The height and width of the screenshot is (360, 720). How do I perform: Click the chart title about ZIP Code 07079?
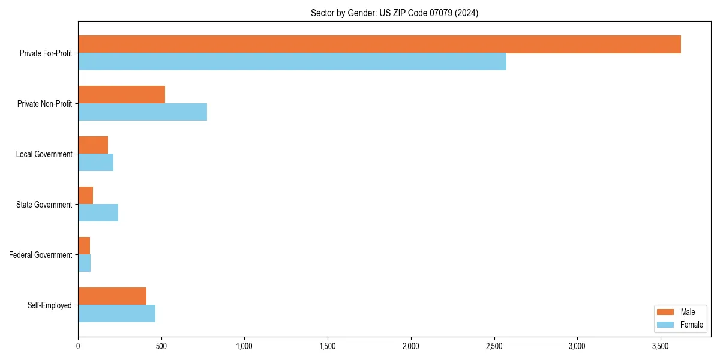point(394,13)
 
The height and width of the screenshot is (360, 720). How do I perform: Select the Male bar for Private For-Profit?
point(379,44)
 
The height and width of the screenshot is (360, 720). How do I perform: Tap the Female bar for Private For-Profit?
point(292,62)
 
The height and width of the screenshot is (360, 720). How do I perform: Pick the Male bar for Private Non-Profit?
point(121,95)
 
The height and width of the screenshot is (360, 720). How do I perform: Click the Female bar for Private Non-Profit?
point(142,112)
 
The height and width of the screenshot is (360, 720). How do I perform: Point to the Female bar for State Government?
point(98,213)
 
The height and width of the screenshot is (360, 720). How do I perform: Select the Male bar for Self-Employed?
point(112,296)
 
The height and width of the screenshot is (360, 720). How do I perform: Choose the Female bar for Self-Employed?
point(116,314)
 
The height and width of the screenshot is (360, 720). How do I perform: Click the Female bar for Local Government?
point(95,163)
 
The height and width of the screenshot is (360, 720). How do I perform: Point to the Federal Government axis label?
point(41,255)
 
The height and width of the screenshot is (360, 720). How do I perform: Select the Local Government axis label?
point(44,154)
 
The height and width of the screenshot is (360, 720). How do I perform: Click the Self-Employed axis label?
point(50,305)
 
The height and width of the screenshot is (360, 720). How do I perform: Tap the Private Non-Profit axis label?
point(44,104)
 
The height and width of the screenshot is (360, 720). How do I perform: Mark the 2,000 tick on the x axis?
point(410,346)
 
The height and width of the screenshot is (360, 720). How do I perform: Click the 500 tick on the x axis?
point(161,346)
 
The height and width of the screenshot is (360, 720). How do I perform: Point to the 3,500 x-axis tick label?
point(660,346)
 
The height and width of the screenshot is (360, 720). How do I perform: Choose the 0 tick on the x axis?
point(78,346)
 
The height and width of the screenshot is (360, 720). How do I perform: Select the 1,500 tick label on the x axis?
point(328,346)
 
